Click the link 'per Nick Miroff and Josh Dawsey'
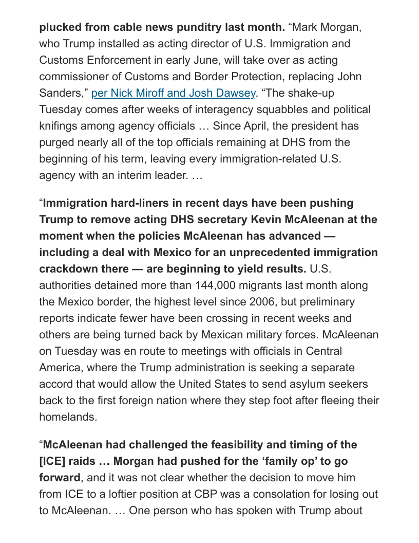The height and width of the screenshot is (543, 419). coord(173,93)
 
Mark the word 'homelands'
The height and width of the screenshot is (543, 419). coord(68,417)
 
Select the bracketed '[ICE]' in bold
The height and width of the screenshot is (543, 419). coord(53,461)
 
